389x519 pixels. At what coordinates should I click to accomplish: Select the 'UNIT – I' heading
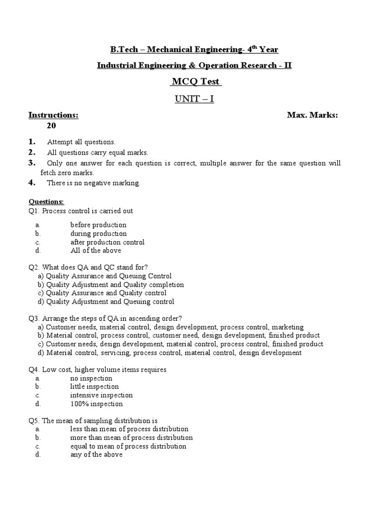point(194,99)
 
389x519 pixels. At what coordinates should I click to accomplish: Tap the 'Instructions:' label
point(53,116)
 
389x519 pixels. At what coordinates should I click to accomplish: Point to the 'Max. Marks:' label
point(312,116)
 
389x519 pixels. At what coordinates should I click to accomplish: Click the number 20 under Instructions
point(52,126)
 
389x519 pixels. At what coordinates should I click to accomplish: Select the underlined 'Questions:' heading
point(46,202)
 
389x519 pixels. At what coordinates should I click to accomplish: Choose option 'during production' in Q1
point(98,234)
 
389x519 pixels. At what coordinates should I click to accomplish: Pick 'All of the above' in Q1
point(96,250)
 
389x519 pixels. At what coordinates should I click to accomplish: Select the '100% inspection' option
point(96,404)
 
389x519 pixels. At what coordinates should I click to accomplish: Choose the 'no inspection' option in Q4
point(91,378)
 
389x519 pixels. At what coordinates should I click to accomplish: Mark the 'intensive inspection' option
point(101,395)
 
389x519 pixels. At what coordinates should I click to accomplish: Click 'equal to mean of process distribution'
point(128,447)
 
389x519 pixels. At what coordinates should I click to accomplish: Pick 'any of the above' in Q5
point(96,455)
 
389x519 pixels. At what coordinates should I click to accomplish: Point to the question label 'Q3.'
point(34,318)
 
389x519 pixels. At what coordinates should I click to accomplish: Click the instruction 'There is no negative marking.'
point(93,183)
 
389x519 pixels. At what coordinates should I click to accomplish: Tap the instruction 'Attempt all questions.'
point(81,142)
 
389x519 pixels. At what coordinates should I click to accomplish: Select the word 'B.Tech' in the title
point(123,49)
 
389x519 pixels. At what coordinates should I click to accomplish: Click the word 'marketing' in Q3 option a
point(287,327)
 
